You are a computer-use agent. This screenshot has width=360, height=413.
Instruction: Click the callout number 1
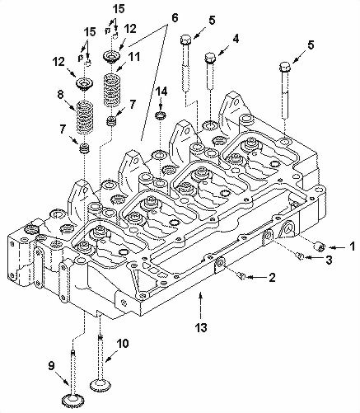(352, 246)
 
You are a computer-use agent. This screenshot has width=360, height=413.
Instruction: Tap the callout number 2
(271, 278)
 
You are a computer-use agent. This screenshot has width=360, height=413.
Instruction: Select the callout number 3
(330, 260)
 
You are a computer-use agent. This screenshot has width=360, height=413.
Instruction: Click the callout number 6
(174, 17)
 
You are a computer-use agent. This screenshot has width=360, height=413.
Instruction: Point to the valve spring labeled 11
(112, 87)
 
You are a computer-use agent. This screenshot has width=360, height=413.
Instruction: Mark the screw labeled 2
(238, 277)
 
